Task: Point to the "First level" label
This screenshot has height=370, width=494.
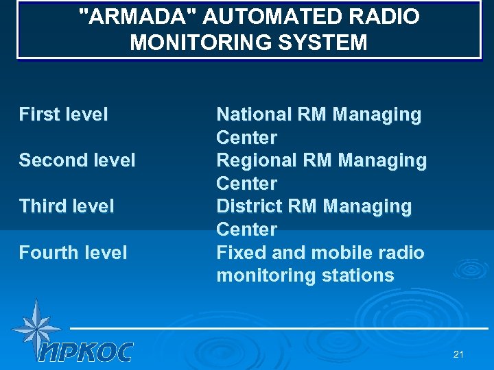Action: (x=63, y=114)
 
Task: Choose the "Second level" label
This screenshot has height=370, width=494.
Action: (x=77, y=160)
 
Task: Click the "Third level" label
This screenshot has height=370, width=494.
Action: (x=67, y=206)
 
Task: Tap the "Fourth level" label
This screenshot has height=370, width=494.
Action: (x=73, y=253)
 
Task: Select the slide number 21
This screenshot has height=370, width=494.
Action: (x=458, y=354)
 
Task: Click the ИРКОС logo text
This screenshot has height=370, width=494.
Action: (x=85, y=351)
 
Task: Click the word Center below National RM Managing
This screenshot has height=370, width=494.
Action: (x=246, y=138)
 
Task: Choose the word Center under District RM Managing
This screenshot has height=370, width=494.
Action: (x=246, y=230)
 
